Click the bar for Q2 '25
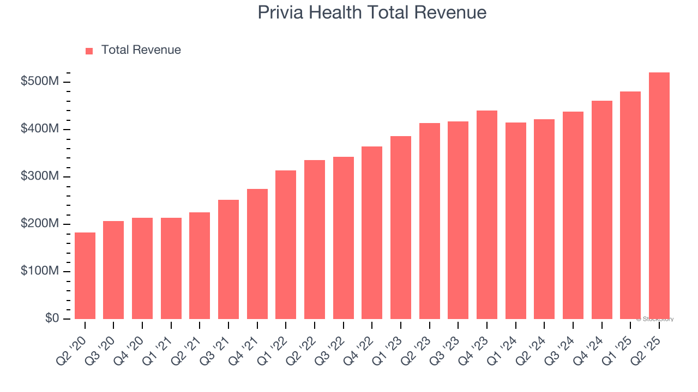tap(659, 196)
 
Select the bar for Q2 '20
tap(85, 275)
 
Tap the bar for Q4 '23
tap(487, 215)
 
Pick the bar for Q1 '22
tap(286, 244)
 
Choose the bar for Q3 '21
tap(228, 259)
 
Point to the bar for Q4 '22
tap(372, 232)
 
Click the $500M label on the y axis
tap(40, 82)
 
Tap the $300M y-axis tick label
tap(40, 176)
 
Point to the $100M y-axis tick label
tap(40, 271)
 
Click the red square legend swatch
tap(89, 51)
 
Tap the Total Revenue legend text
tap(141, 50)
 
